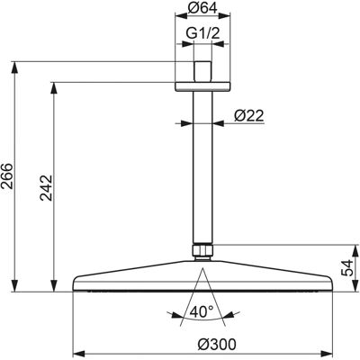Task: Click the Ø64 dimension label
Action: tap(202, 8)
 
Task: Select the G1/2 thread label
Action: tap(202, 33)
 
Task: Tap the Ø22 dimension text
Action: tap(248, 115)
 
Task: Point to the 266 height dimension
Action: tap(7, 175)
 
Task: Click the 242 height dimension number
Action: tap(47, 188)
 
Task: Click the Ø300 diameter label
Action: tap(217, 345)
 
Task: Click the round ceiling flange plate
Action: tap(202, 86)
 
